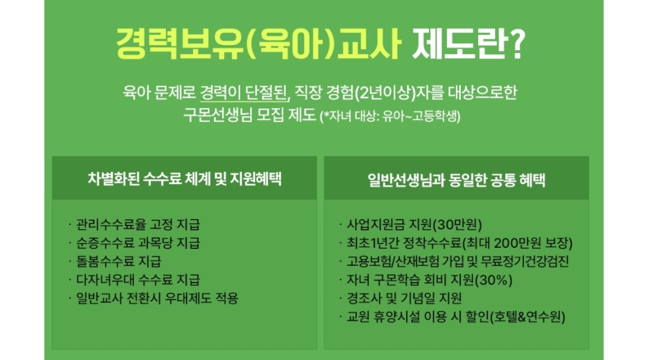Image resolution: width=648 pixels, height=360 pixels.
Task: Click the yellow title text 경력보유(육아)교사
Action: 259,43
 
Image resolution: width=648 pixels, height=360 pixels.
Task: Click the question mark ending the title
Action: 515,43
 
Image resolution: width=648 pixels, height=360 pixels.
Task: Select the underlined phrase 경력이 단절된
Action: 245,92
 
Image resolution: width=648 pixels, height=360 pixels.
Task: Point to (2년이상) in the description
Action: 385,92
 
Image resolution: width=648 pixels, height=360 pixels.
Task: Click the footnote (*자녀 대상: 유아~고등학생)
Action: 390,116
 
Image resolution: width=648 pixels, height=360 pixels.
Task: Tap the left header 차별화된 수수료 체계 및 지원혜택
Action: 184,179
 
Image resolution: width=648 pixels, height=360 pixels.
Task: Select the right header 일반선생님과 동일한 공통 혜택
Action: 456,180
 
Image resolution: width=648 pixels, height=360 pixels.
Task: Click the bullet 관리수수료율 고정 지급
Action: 138,224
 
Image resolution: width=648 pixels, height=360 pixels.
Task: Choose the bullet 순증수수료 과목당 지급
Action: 138,243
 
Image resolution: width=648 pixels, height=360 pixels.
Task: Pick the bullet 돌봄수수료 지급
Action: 119,261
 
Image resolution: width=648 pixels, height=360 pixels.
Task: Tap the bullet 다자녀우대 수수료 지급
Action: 138,280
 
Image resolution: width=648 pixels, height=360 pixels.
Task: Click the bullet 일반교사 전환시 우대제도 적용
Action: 157,298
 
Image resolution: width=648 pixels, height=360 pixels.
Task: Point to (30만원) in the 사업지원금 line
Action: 457,224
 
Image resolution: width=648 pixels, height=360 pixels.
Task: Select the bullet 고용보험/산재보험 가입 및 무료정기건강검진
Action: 458,261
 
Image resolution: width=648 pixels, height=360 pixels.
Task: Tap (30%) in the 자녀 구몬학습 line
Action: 493,280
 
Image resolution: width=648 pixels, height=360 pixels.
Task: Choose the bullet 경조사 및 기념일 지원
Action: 404,298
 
